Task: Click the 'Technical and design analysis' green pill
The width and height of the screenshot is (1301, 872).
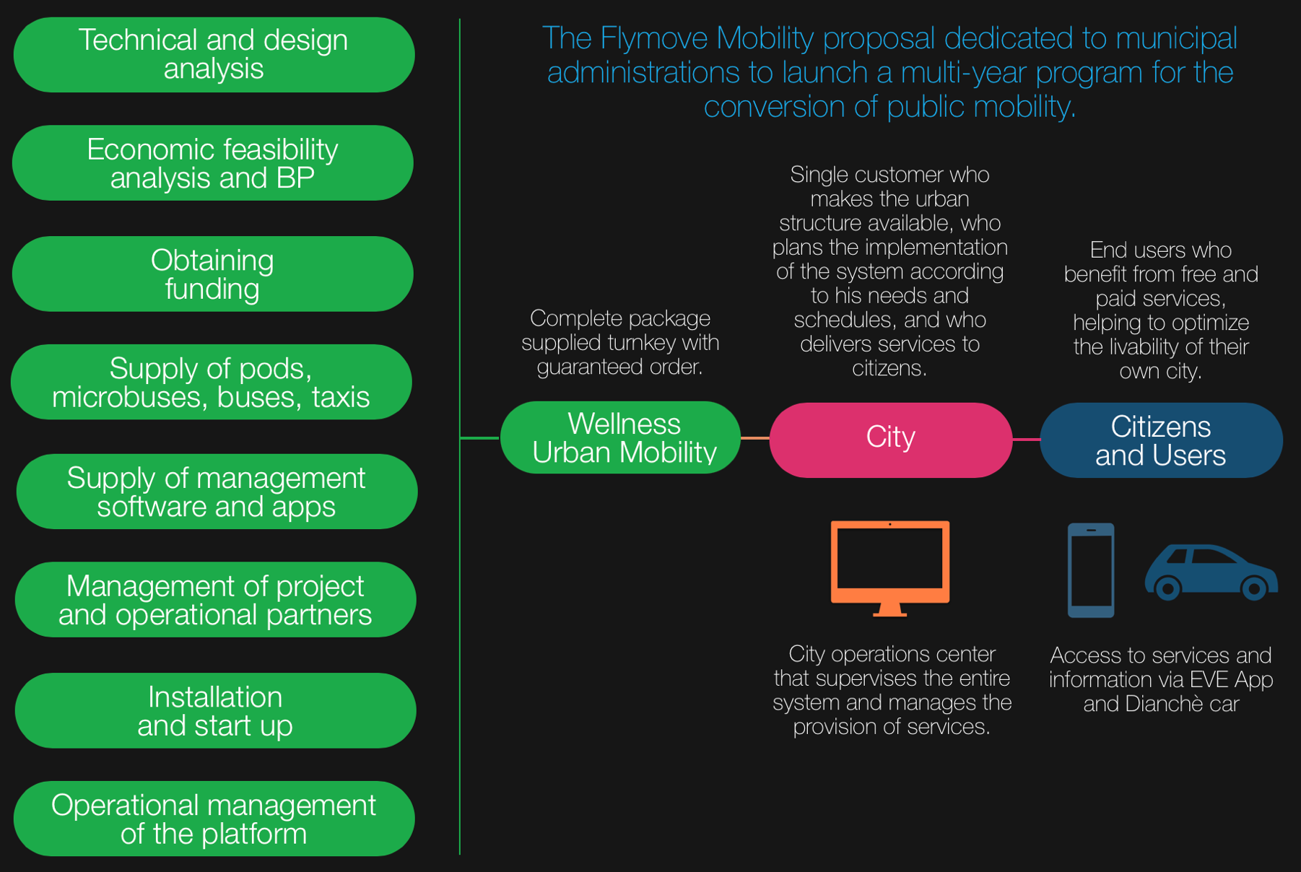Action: click(x=214, y=55)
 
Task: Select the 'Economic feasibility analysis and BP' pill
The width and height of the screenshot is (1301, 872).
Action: click(x=212, y=163)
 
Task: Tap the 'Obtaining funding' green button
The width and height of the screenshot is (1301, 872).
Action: click(x=212, y=274)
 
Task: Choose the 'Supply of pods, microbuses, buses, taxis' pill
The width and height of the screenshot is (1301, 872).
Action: click(x=211, y=383)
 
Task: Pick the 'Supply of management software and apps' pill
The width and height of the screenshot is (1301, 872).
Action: click(x=216, y=492)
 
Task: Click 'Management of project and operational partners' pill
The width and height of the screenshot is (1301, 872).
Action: click(x=215, y=600)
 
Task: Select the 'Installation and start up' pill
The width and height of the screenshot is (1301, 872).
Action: click(x=215, y=711)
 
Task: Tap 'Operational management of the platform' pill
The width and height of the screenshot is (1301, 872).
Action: click(x=214, y=819)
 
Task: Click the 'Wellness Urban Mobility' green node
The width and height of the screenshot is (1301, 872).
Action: click(x=620, y=438)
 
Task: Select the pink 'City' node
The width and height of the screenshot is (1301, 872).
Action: click(x=890, y=440)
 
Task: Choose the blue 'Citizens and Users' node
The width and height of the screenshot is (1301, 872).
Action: click(x=1160, y=440)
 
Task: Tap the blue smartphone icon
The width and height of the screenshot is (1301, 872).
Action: click(x=1091, y=570)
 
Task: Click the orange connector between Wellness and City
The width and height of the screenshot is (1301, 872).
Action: click(x=755, y=438)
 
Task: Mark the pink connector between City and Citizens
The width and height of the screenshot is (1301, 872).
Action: click(x=1026, y=439)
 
